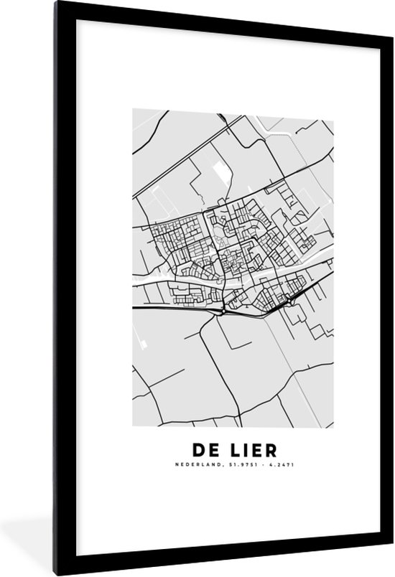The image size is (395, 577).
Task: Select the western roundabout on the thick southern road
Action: (226, 310)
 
